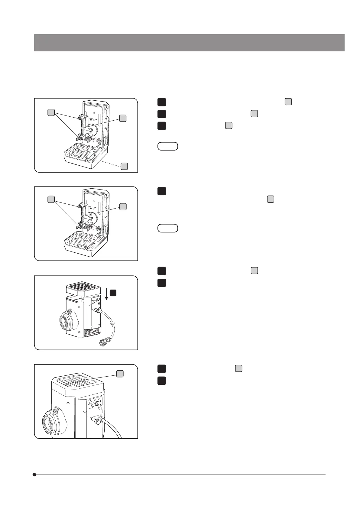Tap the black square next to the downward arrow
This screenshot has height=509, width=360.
[x=113, y=292]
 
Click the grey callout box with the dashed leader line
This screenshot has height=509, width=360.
[x=124, y=166]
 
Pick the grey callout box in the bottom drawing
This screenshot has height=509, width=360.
[x=120, y=374]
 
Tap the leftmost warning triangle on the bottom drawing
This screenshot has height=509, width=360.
[x=90, y=402]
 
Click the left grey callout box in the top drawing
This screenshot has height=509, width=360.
[x=51, y=112]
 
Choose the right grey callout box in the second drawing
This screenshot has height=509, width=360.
[x=123, y=207]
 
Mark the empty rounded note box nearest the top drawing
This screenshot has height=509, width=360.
[x=168, y=146]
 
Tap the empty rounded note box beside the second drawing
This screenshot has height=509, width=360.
[x=168, y=228]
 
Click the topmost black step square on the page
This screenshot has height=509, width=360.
[x=161, y=102]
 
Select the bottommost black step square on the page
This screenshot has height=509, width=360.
[x=161, y=381]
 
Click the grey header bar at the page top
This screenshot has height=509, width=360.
[x=189, y=43]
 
